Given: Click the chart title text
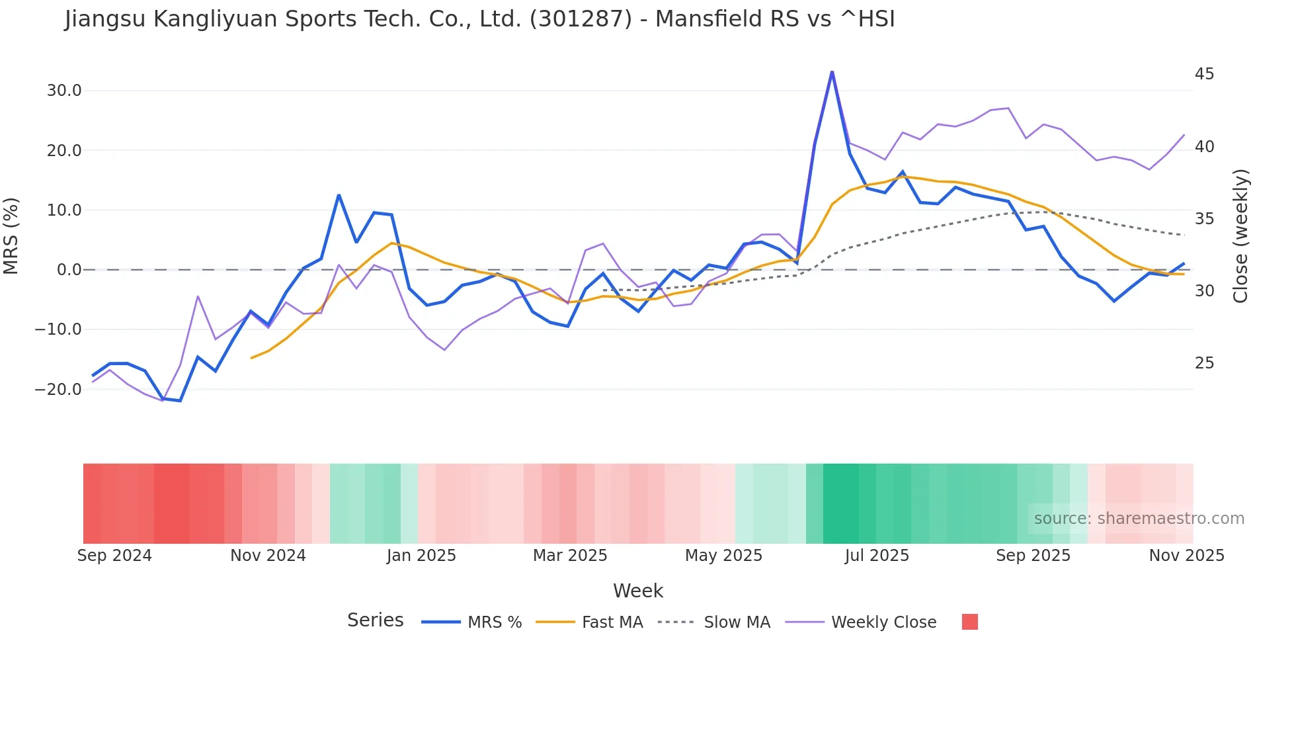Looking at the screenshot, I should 479,19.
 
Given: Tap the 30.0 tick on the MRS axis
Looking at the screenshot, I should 64,91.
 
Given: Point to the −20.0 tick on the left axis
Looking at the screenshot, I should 58,390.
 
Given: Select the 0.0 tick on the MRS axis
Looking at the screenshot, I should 69,270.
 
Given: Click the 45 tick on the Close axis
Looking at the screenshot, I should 1204,74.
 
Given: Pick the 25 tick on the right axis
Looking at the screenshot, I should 1204,363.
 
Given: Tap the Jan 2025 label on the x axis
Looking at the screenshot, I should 421,556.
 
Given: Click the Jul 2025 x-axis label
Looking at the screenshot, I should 877,556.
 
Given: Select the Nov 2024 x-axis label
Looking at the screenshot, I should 268,556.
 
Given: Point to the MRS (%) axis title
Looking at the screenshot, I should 11,236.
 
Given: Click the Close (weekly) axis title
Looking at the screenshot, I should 1240,236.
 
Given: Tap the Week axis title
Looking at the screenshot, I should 637,591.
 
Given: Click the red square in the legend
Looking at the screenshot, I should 969,622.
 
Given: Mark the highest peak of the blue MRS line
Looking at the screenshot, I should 832,71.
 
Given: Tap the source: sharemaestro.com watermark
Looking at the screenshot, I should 1139,519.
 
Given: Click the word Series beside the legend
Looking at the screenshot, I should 375,621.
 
